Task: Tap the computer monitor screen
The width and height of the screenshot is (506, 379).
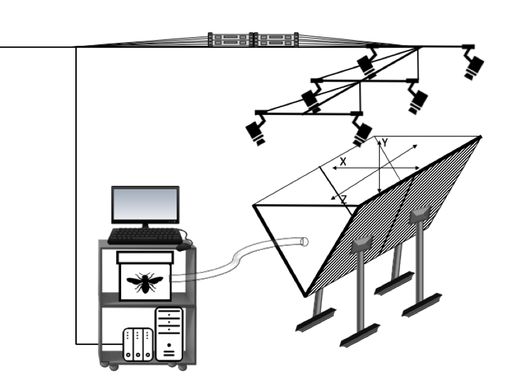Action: point(145,205)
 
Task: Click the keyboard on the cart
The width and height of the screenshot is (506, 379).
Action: point(144,235)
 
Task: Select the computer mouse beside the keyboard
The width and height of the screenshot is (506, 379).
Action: point(184,246)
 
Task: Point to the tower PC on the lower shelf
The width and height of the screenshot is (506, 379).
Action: point(169,333)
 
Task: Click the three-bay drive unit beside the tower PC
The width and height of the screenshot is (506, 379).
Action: point(138,345)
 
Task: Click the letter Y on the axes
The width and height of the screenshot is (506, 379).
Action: point(385,142)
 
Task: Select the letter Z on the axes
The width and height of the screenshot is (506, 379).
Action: point(343,199)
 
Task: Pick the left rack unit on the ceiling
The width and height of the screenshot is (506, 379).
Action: point(230,40)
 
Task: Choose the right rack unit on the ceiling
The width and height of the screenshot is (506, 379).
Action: point(277,40)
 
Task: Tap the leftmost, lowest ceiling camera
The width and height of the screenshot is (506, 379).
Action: point(256,131)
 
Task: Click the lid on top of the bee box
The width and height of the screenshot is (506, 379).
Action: point(145,256)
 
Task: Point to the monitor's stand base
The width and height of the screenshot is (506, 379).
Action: point(145,227)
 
